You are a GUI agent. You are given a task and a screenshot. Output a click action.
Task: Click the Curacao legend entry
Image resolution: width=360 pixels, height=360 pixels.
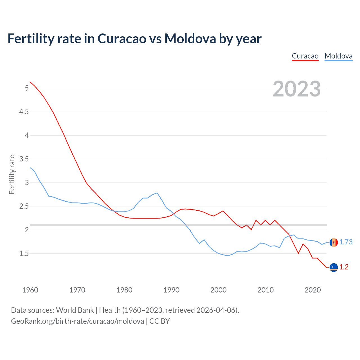pyautogui.click(x=305, y=56)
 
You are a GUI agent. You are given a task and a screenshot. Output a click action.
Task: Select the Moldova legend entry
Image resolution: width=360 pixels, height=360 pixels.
pyautogui.click(x=338, y=56)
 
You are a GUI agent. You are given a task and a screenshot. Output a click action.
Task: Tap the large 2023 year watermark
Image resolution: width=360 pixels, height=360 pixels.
pyautogui.click(x=296, y=89)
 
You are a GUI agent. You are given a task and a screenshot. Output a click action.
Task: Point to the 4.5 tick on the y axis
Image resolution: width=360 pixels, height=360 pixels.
pyautogui.click(x=24, y=112)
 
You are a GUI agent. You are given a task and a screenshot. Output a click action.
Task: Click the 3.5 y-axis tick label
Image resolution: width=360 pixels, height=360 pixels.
pyautogui.click(x=24, y=159)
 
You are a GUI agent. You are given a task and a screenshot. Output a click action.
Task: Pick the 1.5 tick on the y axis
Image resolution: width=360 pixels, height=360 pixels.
pyautogui.click(x=24, y=254)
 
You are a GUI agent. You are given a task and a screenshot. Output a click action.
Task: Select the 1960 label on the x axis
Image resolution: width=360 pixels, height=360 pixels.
pyautogui.click(x=30, y=290)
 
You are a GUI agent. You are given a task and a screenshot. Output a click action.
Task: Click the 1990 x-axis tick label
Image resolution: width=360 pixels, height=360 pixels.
pyautogui.click(x=171, y=290)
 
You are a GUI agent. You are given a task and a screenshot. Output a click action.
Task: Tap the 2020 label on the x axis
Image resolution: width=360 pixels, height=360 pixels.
pyautogui.click(x=312, y=290)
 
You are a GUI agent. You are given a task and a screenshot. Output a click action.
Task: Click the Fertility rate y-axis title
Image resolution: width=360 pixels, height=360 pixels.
pyautogui.click(x=12, y=174)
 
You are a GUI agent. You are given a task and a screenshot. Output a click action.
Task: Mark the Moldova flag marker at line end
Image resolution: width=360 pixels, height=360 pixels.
pyautogui.click(x=334, y=242)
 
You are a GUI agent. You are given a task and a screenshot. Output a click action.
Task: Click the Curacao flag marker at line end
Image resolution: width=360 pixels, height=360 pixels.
pyautogui.click(x=334, y=267)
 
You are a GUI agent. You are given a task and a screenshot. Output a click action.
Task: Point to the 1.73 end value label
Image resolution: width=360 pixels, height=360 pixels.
pyautogui.click(x=346, y=242)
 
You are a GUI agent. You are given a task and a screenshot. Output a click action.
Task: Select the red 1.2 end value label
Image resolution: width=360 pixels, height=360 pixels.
pyautogui.click(x=344, y=267)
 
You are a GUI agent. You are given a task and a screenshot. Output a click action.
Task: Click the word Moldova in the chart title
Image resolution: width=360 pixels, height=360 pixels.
pyautogui.click(x=190, y=39)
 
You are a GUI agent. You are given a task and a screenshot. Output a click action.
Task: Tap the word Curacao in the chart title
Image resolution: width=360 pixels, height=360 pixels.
pyautogui.click(x=122, y=39)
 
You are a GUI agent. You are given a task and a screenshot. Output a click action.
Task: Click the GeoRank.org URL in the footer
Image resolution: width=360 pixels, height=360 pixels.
pyautogui.click(x=77, y=321)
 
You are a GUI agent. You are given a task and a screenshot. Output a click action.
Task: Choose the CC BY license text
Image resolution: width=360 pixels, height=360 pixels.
pyautogui.click(x=159, y=321)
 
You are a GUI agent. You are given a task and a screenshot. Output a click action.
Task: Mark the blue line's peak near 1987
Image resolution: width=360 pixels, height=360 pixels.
pyautogui.click(x=157, y=193)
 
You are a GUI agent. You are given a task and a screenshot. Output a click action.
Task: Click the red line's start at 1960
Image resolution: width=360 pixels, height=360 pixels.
pyautogui.click(x=30, y=82)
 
